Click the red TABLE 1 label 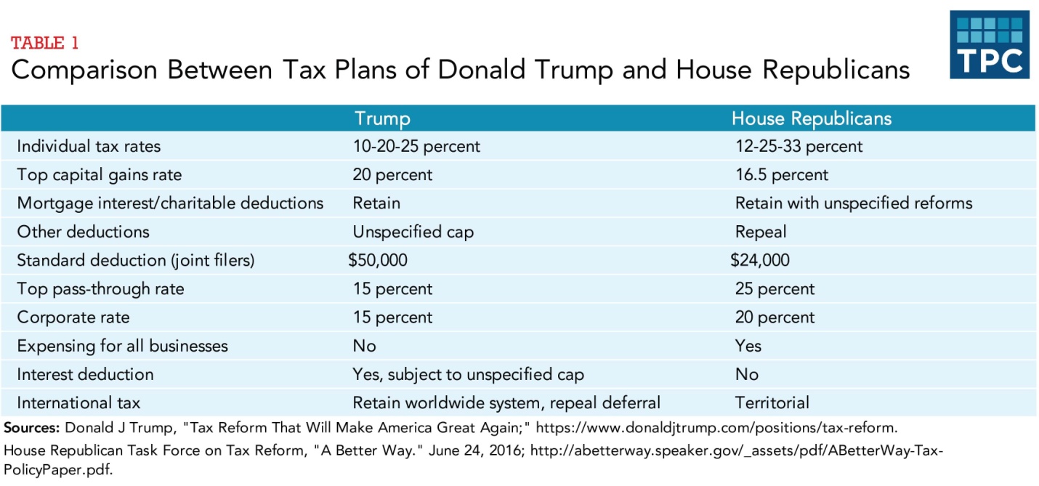click(44, 43)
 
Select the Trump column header click(382, 118)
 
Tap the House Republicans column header click(811, 118)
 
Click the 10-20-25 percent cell click(416, 146)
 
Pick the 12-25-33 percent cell click(799, 146)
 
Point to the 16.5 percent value click(781, 175)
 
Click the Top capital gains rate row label click(100, 175)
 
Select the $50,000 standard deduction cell click(378, 260)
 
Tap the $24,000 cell click(759, 260)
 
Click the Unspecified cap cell click(413, 232)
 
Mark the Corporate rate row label click(73, 317)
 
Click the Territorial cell click(772, 402)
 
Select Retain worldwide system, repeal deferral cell click(506, 402)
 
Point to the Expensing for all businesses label click(122, 346)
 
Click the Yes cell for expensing click(748, 346)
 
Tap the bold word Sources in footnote click(31, 427)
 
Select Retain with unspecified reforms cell click(853, 203)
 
